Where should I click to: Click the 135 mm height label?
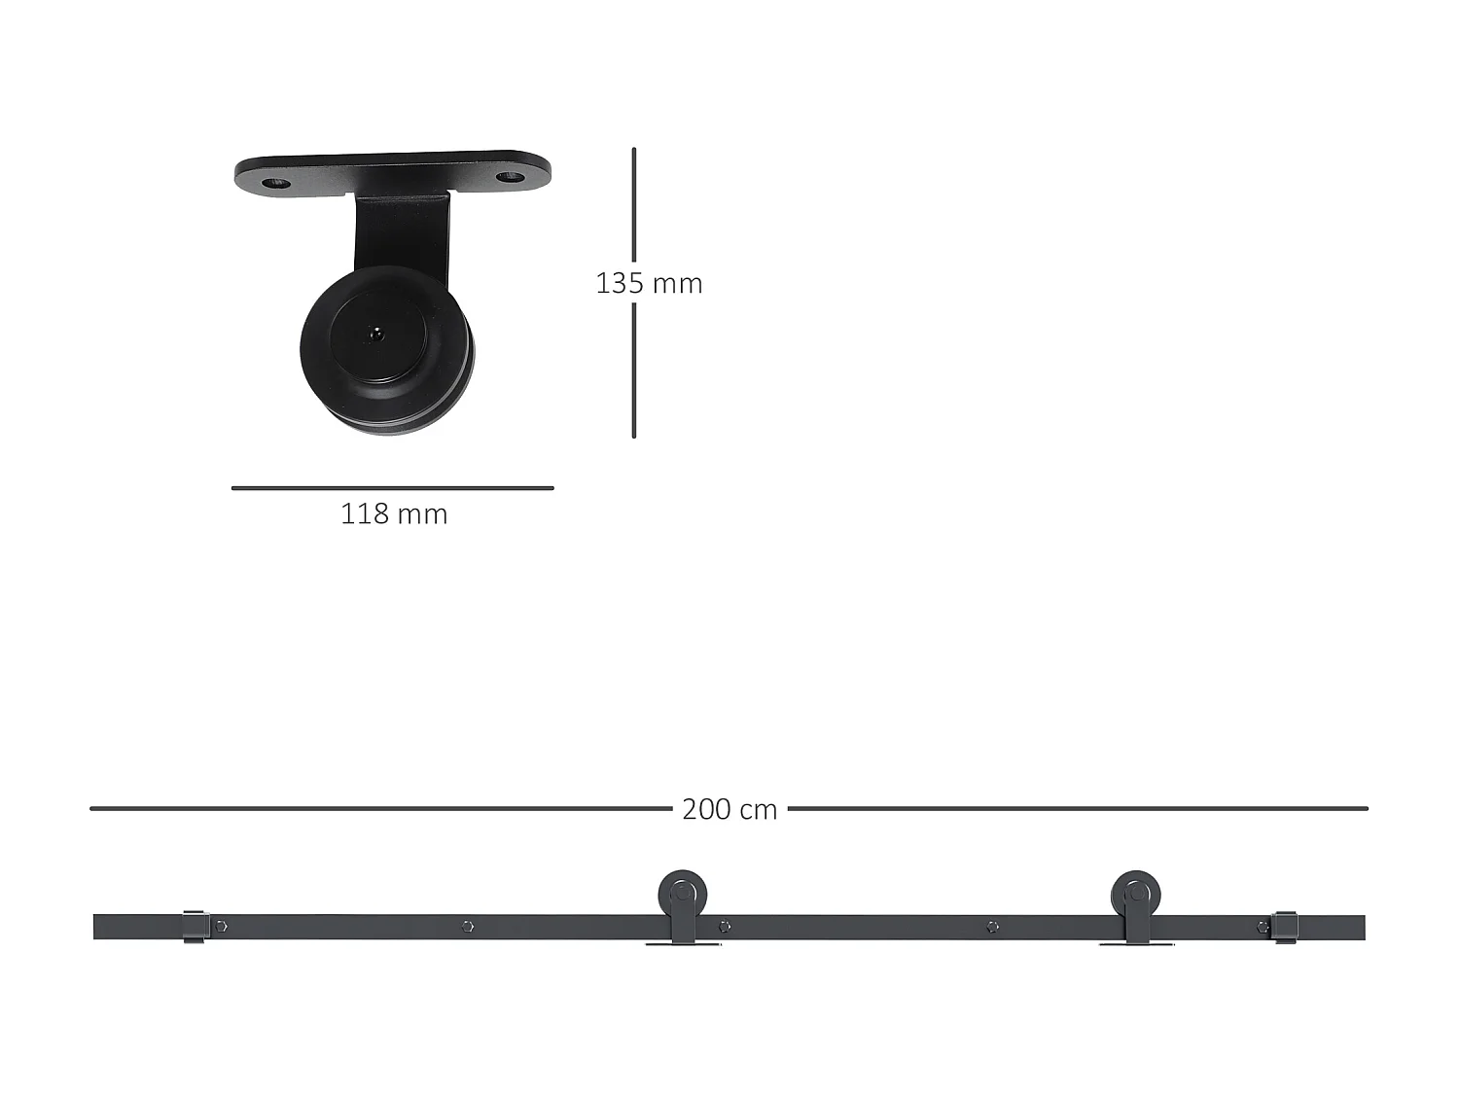tap(649, 283)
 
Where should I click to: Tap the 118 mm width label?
tap(394, 513)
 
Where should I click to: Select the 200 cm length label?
tap(729, 809)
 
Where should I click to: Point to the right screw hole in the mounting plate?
tap(509, 177)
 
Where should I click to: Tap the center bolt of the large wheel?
tap(374, 334)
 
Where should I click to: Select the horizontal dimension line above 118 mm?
tap(392, 488)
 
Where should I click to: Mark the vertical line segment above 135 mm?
tap(634, 205)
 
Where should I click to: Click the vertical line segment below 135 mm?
tap(634, 371)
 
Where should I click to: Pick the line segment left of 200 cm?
tap(380, 808)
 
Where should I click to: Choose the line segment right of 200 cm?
tap(1077, 808)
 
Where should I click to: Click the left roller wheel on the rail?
tap(683, 893)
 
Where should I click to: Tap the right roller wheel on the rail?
tap(1135, 893)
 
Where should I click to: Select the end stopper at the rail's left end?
tap(195, 927)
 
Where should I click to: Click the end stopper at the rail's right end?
tap(1285, 927)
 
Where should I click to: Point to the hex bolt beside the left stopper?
tap(222, 927)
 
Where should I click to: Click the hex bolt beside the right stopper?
tap(1263, 927)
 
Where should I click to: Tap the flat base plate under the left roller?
tap(683, 943)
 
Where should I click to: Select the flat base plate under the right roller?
tap(1136, 943)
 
